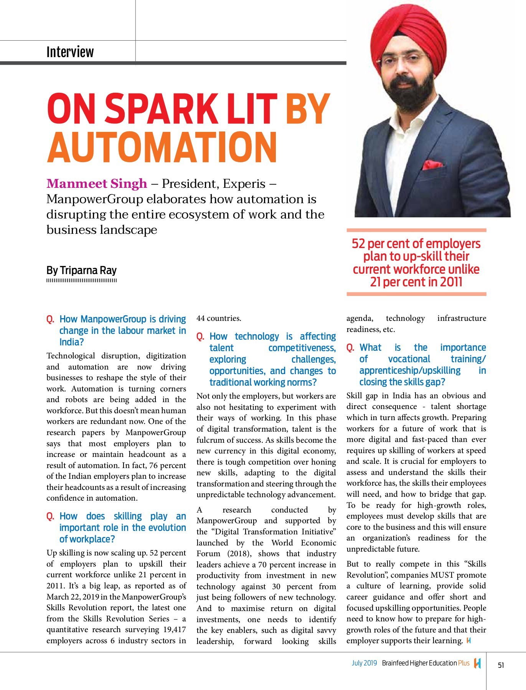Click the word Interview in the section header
(70, 52)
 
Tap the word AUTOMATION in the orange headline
(162, 148)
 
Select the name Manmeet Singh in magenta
(97, 184)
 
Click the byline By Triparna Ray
(81, 270)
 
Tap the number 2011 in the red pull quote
(451, 282)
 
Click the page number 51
(501, 665)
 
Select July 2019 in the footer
(364, 663)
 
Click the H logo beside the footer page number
(477, 663)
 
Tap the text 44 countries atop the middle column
(219, 318)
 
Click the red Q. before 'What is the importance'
(350, 348)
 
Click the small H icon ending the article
(468, 641)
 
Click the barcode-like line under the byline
(81, 281)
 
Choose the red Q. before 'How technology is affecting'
(200, 337)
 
